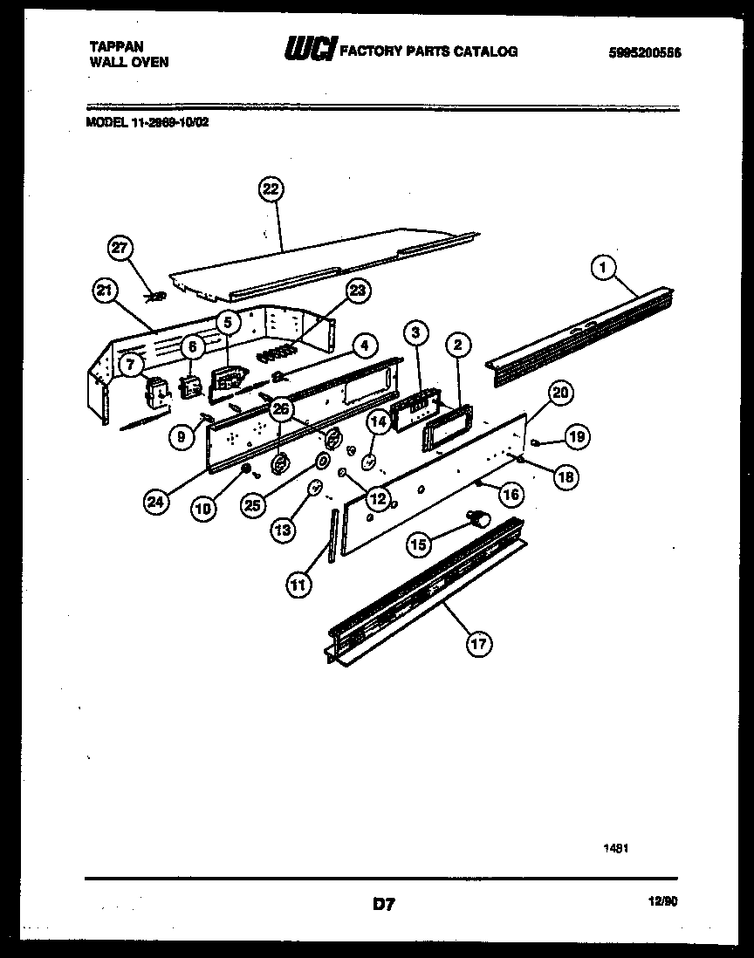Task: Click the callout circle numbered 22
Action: [272, 189]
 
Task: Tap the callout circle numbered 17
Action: [479, 645]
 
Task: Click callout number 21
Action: [106, 293]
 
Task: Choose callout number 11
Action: [298, 586]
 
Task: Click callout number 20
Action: [561, 393]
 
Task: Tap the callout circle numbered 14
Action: [378, 423]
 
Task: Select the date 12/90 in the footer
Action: [664, 904]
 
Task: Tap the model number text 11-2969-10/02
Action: [171, 123]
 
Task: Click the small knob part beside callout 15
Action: [479, 519]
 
